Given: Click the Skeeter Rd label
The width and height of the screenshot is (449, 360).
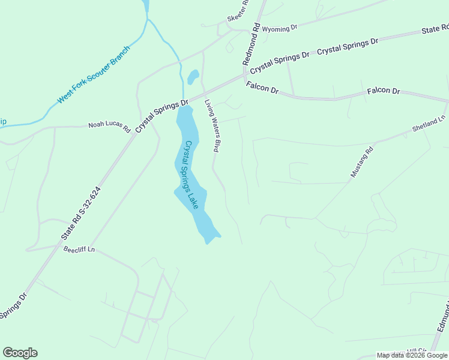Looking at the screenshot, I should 238,16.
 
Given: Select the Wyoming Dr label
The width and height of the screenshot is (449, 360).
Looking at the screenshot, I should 280,28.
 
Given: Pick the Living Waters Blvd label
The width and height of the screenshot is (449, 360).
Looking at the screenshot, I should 211,125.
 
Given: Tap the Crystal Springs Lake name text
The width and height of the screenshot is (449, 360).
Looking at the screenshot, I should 191,174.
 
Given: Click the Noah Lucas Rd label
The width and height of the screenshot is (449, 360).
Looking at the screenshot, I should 109,127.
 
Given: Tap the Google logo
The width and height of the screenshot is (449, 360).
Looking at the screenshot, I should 20,353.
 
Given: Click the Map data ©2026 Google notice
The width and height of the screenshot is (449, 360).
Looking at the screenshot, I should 412,355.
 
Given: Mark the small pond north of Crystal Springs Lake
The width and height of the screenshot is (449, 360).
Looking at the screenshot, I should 193,77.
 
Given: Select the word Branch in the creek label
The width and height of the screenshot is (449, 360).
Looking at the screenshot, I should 119,56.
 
